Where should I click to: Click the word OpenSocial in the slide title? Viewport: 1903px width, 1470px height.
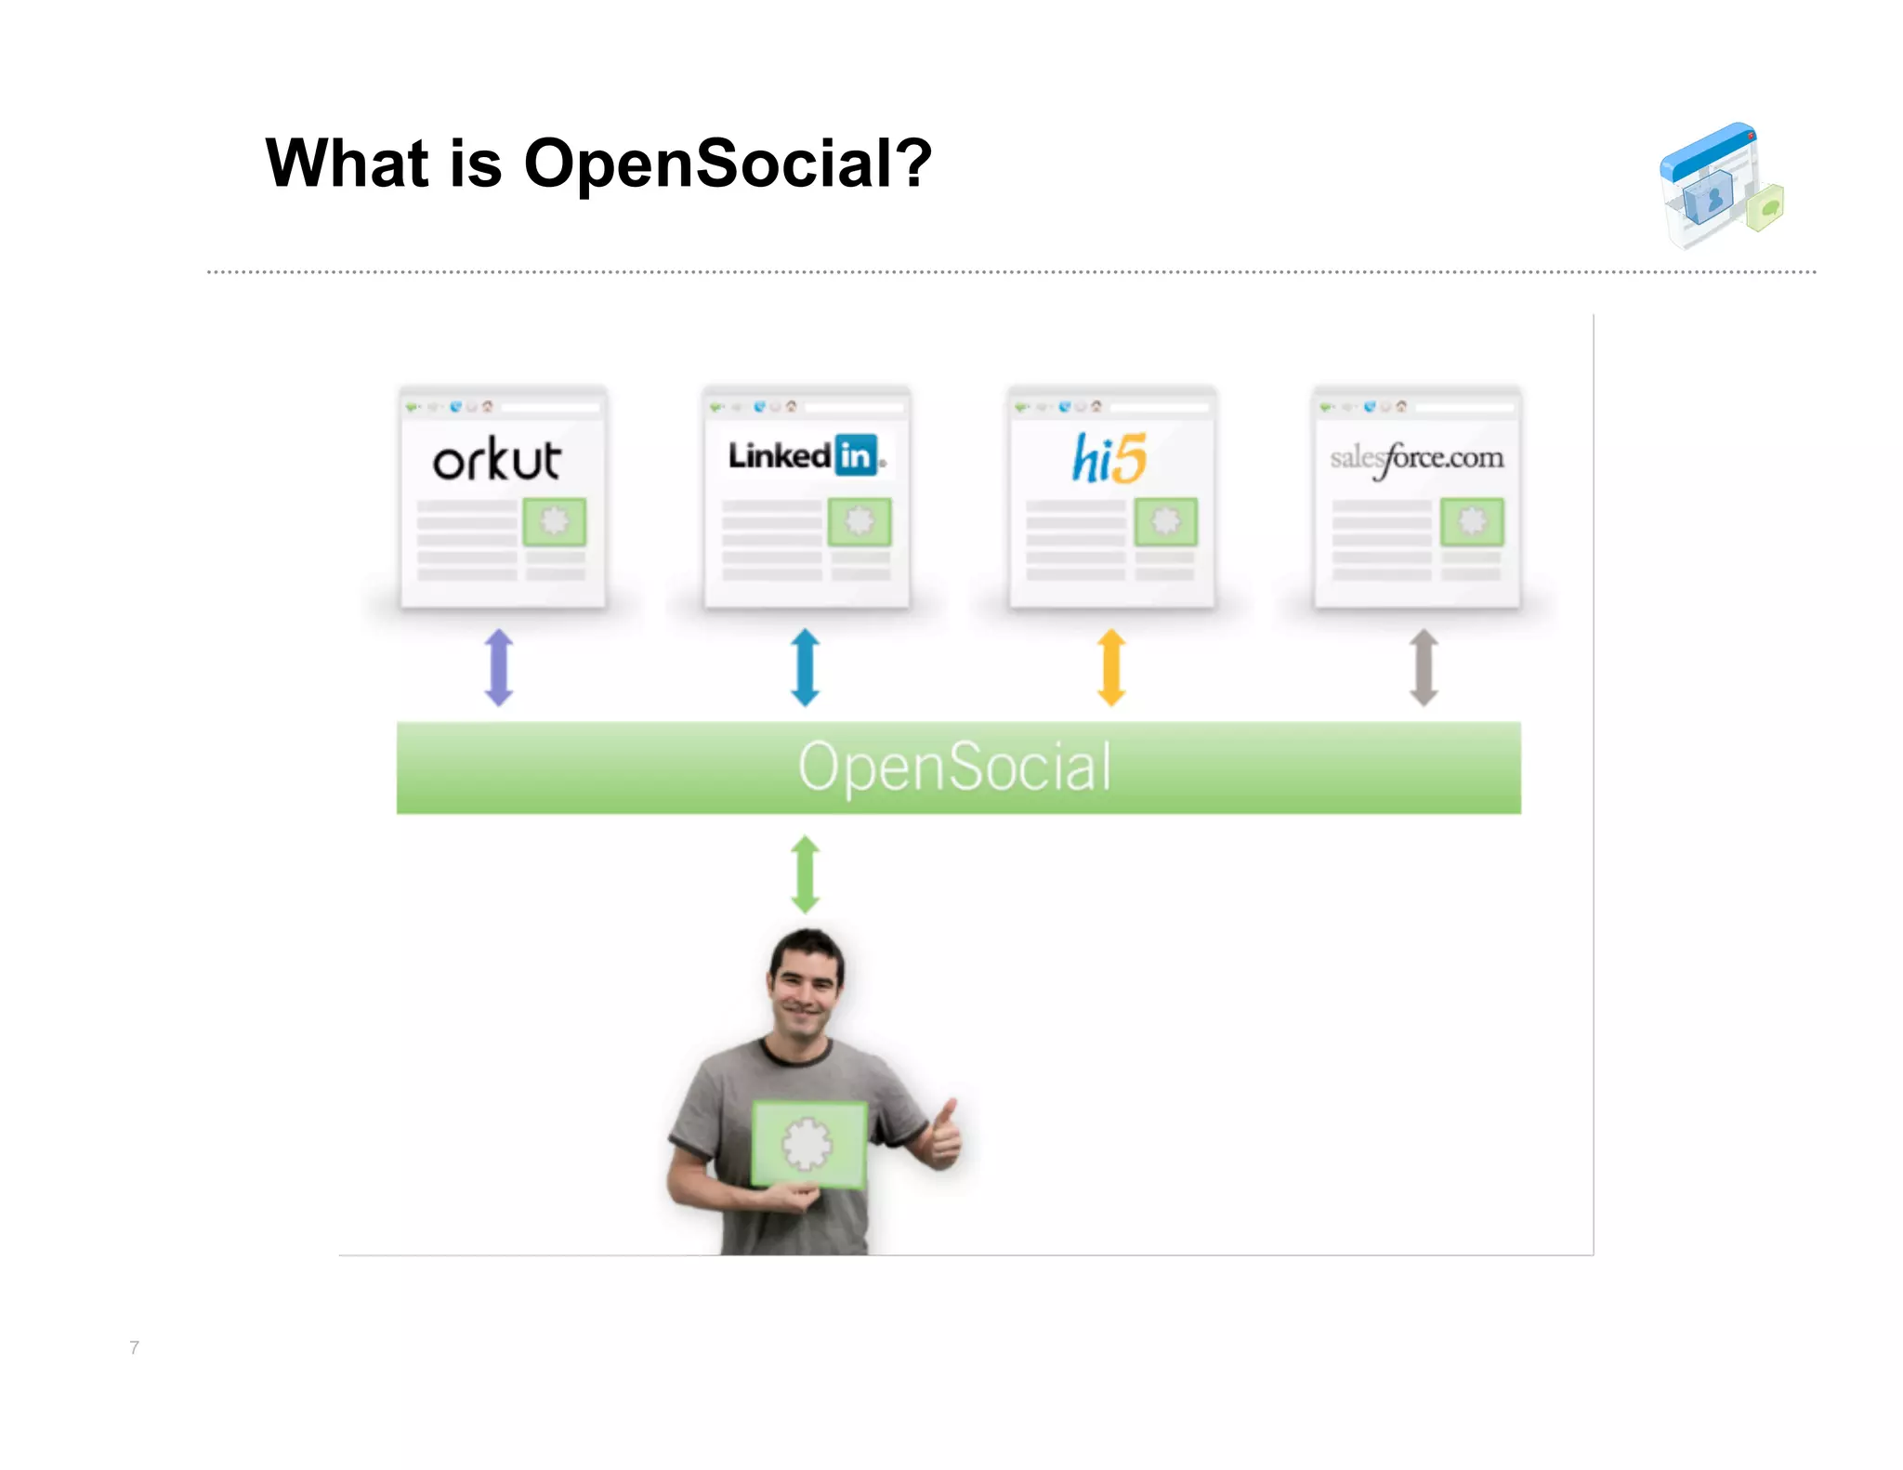[x=727, y=164]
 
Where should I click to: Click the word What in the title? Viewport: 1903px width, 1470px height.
[x=346, y=164]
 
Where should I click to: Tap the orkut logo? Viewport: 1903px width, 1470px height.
[x=497, y=459]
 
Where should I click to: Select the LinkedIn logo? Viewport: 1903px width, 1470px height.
[x=805, y=456]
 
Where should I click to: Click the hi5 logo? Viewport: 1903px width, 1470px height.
[x=1109, y=458]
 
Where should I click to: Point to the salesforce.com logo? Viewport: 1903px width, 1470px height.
[x=1416, y=458]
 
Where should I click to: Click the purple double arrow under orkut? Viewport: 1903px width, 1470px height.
[x=499, y=667]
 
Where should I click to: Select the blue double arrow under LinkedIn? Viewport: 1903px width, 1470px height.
[x=805, y=667]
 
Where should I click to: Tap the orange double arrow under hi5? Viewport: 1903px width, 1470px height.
[x=1111, y=667]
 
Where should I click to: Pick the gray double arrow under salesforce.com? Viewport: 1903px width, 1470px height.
[x=1424, y=667]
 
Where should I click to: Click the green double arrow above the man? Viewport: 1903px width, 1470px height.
[x=805, y=873]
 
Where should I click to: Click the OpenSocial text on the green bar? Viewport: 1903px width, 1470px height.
[x=955, y=768]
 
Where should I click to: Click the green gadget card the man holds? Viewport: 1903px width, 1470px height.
[x=808, y=1144]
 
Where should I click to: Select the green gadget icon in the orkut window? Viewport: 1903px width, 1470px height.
[x=555, y=521]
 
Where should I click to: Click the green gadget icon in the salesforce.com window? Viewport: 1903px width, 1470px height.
[x=1472, y=521]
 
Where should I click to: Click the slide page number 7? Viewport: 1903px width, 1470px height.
[x=135, y=1347]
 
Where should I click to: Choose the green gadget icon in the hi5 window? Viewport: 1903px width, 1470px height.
[x=1166, y=521]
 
